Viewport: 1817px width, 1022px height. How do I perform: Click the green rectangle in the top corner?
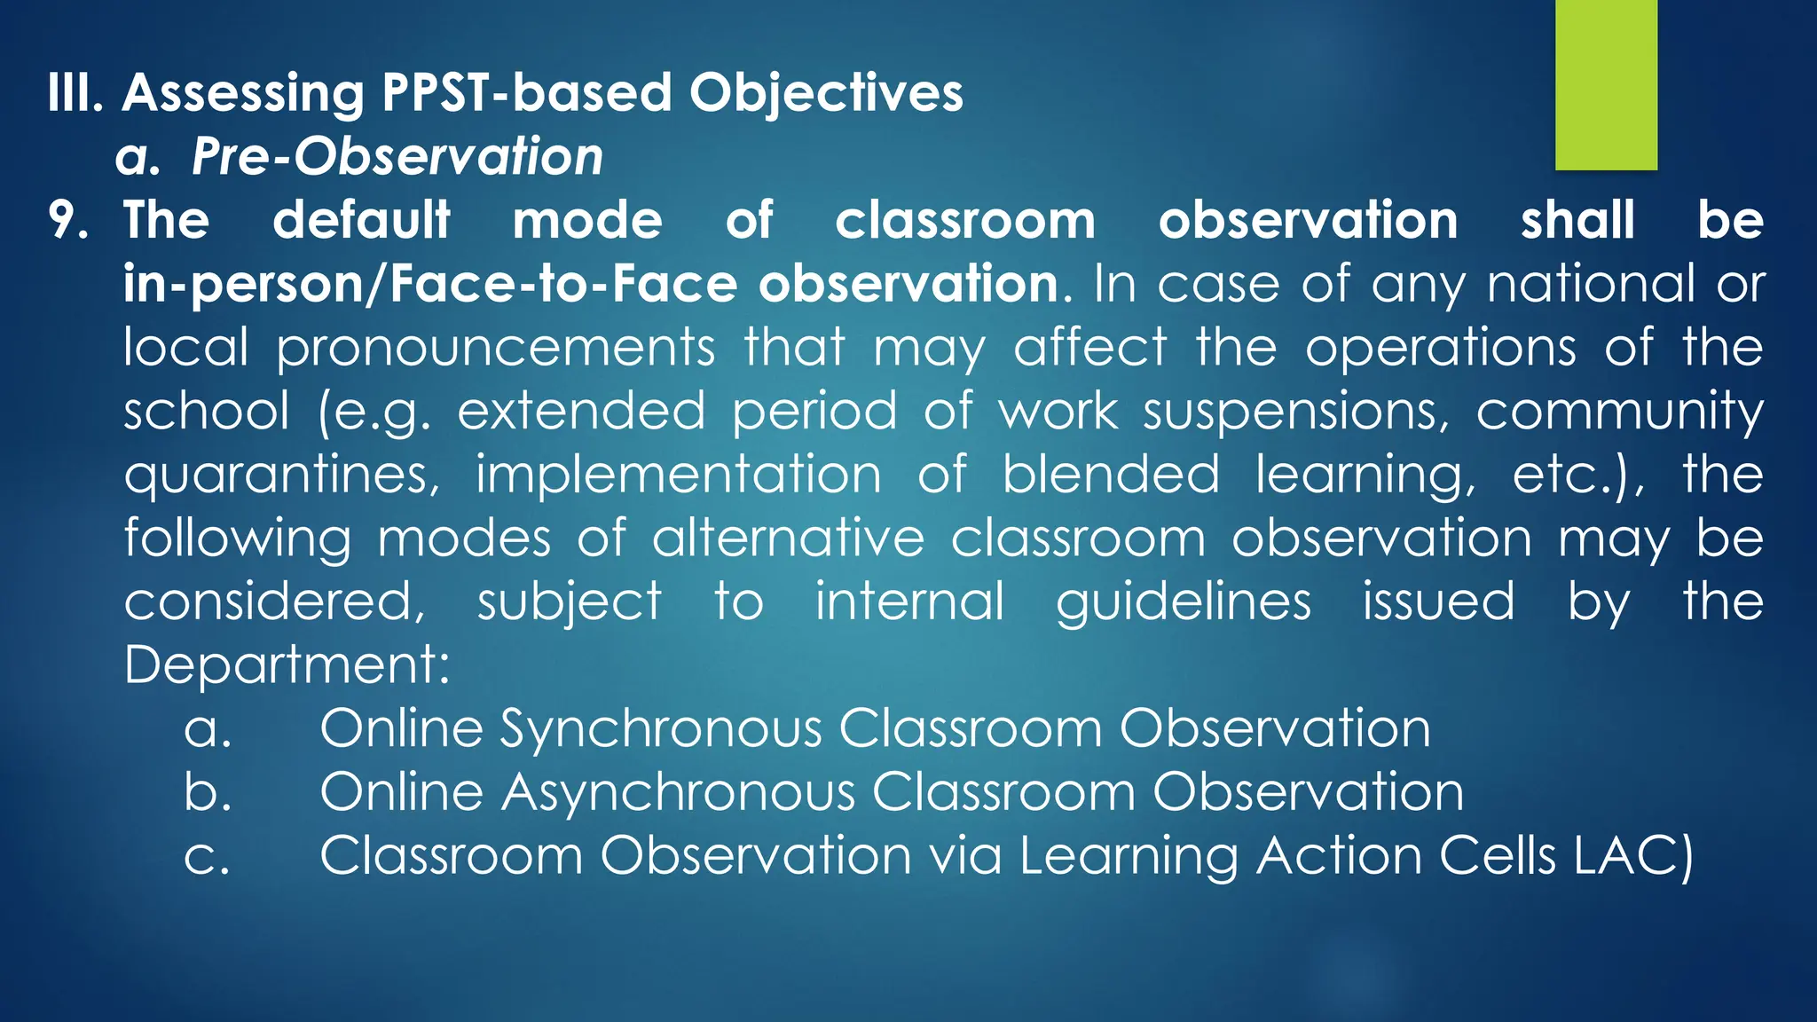tap(1606, 84)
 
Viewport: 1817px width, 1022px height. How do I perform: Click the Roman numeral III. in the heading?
tap(75, 92)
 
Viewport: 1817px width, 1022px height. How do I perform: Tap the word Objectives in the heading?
tap(826, 92)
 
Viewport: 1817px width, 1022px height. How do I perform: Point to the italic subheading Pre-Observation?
tap(397, 157)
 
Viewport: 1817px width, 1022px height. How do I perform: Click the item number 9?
tap(68, 220)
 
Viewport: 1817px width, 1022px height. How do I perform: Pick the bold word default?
tap(361, 220)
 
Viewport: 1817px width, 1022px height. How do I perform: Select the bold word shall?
tap(1577, 220)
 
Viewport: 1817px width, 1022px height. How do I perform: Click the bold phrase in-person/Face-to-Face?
tap(430, 284)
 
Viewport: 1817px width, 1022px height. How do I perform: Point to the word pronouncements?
tap(495, 347)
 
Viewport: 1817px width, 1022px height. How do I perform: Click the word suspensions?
tap(1296, 412)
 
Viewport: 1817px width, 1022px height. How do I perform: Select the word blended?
tap(1111, 475)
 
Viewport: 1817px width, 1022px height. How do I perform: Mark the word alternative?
tap(788, 539)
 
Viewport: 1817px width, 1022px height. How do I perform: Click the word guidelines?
tap(1183, 601)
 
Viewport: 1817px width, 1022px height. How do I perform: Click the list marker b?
tap(208, 791)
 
